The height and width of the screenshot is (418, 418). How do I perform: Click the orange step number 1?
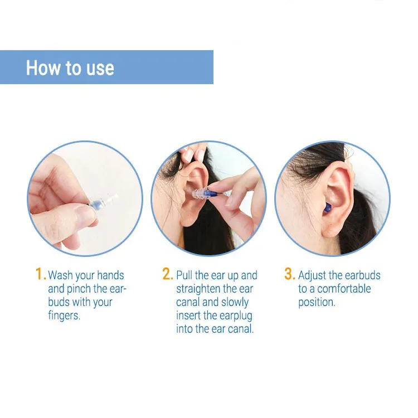coord(40,274)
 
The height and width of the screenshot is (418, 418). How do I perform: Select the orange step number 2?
coord(168,274)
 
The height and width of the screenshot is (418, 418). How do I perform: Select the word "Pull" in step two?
coord(185,275)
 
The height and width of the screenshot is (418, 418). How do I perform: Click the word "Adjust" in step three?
coord(312,275)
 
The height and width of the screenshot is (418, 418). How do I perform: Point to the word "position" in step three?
coord(316,303)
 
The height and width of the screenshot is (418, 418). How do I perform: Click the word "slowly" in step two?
coord(235,303)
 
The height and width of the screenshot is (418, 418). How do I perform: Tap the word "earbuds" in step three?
coord(362,275)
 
